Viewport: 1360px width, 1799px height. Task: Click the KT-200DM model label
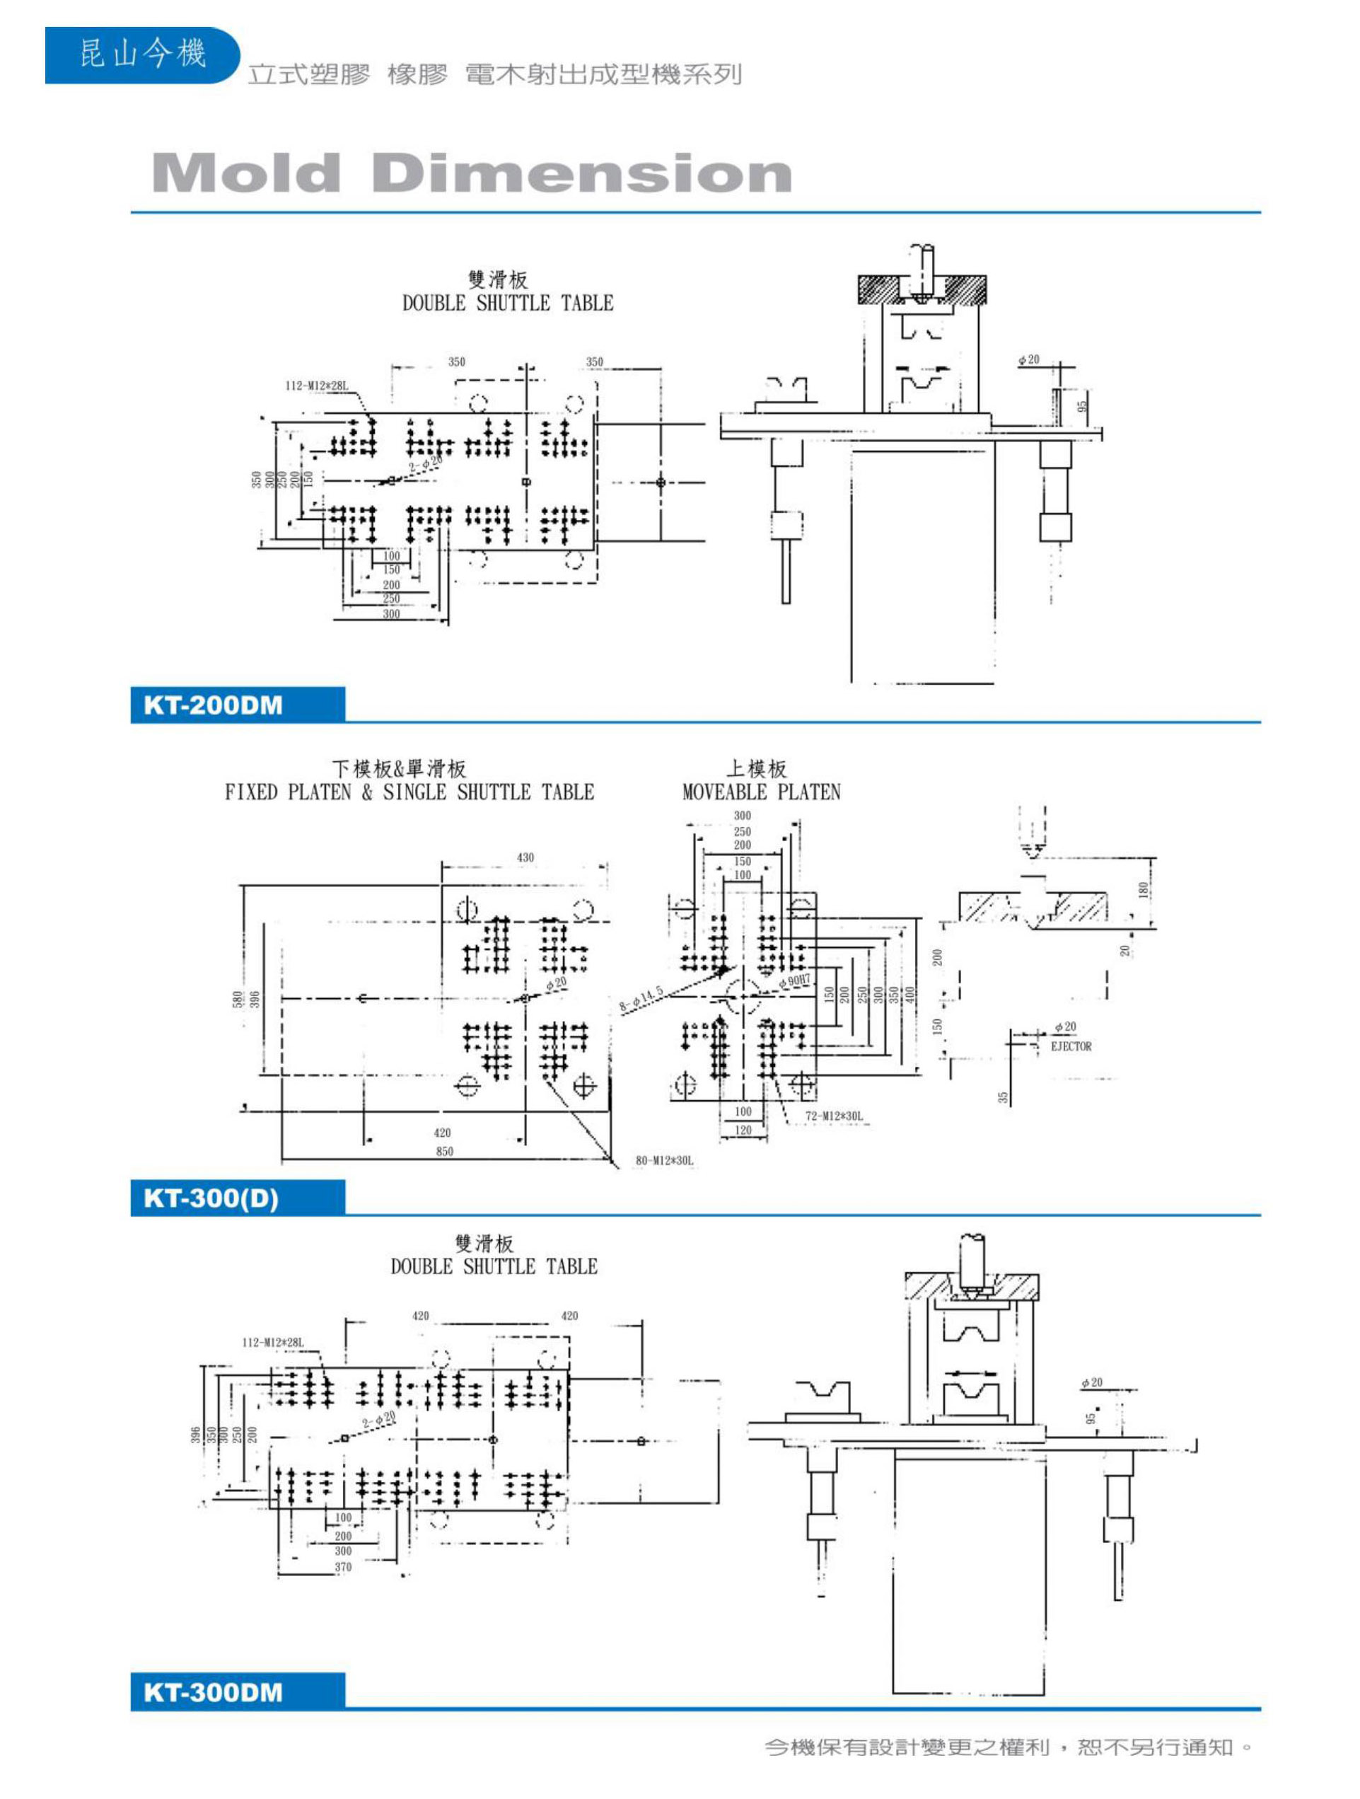click(x=213, y=705)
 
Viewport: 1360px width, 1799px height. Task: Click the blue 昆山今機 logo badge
click(x=142, y=54)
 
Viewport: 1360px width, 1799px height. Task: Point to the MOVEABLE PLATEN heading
click(x=761, y=792)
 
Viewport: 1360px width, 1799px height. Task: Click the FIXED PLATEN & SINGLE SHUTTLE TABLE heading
click(x=409, y=792)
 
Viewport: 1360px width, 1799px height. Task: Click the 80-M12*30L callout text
click(x=664, y=1161)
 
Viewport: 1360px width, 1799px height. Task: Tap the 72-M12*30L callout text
click(x=834, y=1116)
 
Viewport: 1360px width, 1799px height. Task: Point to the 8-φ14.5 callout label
click(x=641, y=998)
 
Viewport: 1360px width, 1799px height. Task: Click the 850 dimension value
click(x=444, y=1151)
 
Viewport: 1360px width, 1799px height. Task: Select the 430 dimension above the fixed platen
click(x=525, y=857)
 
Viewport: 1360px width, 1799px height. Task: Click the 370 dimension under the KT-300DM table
click(x=343, y=1567)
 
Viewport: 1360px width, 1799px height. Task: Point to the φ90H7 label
click(x=794, y=980)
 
